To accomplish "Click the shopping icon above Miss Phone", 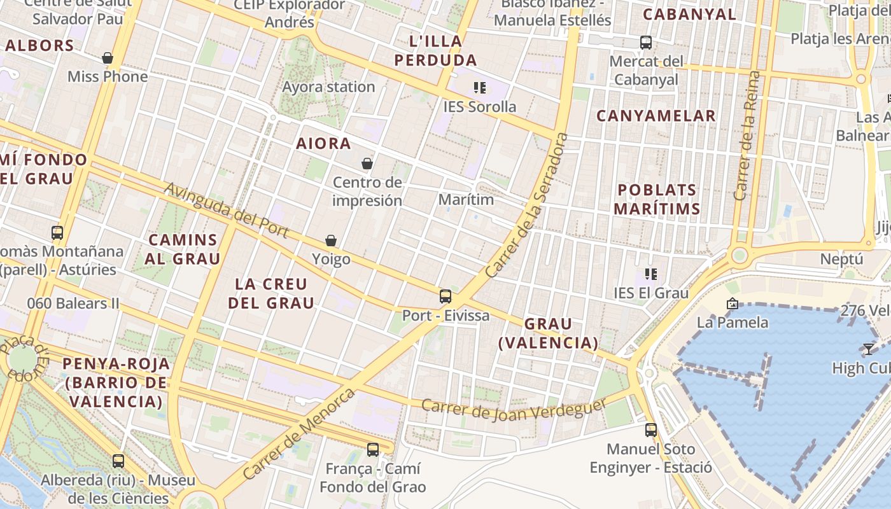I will (108, 59).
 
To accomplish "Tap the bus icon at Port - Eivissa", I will (445, 296).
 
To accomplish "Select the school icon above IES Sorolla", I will (480, 88).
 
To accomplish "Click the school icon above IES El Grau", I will (650, 274).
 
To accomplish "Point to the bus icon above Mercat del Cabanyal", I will (646, 43).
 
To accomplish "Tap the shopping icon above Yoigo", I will (331, 241).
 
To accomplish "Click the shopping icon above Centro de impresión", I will (367, 164).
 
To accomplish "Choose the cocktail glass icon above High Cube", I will (868, 349).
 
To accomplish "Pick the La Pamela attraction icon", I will (732, 304).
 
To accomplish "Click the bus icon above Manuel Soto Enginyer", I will (650, 430).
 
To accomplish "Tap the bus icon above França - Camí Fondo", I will (373, 450).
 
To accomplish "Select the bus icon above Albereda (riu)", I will (118, 461).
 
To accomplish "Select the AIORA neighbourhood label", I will (323, 144).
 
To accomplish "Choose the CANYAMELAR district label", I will (656, 116).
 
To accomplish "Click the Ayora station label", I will (328, 87).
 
